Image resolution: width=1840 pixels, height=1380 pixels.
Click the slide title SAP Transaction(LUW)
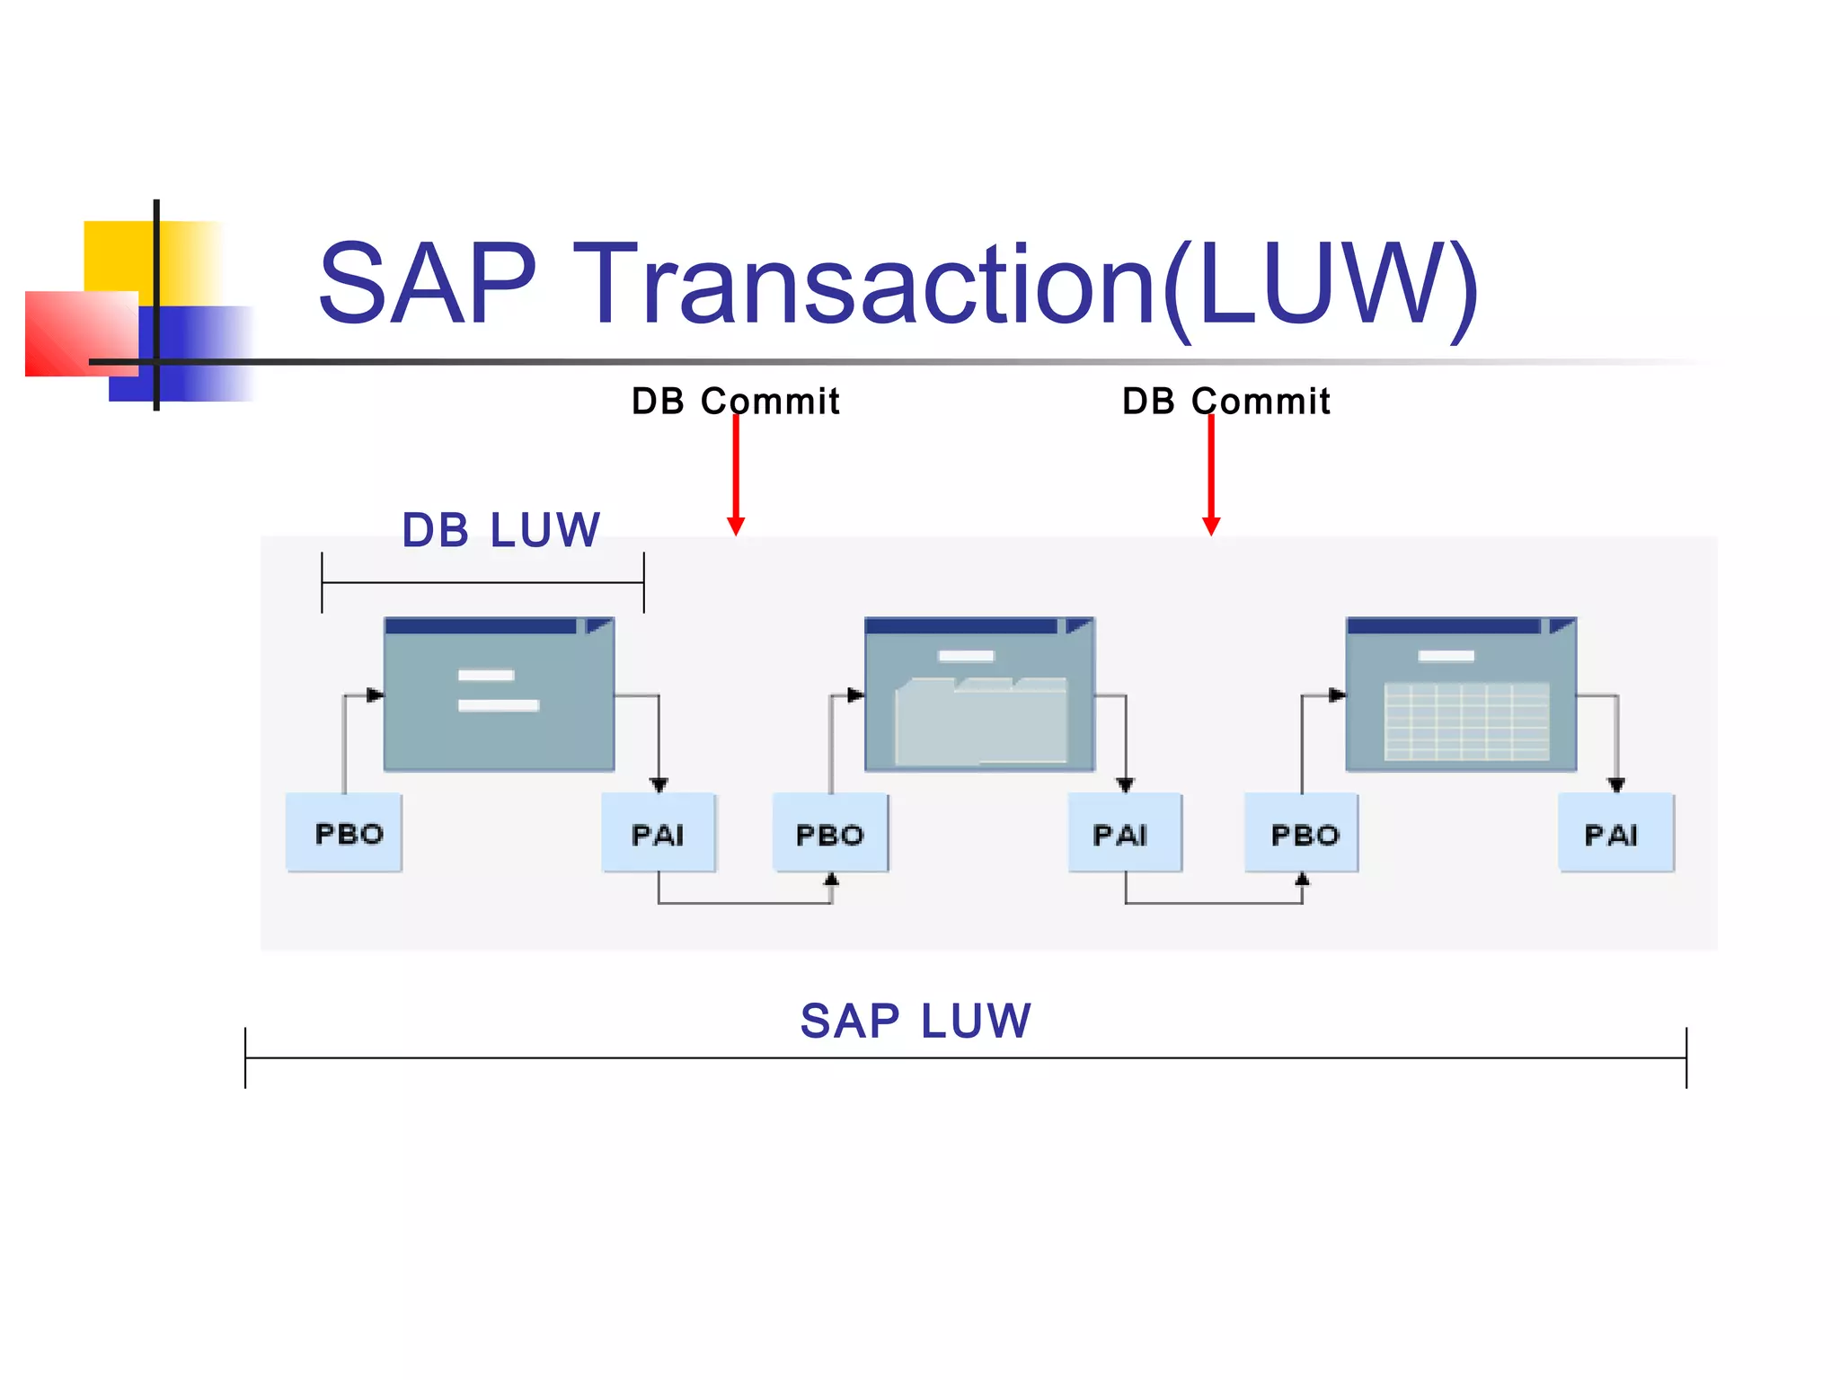(898, 284)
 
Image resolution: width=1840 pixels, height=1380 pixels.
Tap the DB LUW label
(500, 530)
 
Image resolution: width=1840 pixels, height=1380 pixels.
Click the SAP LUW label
(916, 1021)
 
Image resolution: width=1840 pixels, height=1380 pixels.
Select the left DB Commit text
(735, 401)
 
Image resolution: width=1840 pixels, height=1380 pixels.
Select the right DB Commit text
(1225, 401)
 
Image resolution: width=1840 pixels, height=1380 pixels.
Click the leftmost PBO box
(344, 833)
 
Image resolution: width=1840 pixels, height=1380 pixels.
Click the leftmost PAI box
(659, 833)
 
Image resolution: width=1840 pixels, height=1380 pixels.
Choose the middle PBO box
(830, 833)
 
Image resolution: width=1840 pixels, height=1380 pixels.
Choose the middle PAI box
(1125, 833)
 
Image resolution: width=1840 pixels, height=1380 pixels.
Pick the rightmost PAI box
(1616, 833)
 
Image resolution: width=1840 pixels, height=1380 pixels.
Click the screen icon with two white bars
(500, 694)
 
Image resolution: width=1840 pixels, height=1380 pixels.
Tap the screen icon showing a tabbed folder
(979, 694)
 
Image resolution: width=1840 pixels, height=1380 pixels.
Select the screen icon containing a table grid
(1461, 694)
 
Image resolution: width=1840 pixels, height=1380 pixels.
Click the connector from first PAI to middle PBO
(745, 902)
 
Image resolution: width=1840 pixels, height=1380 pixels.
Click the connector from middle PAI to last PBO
(1214, 902)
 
